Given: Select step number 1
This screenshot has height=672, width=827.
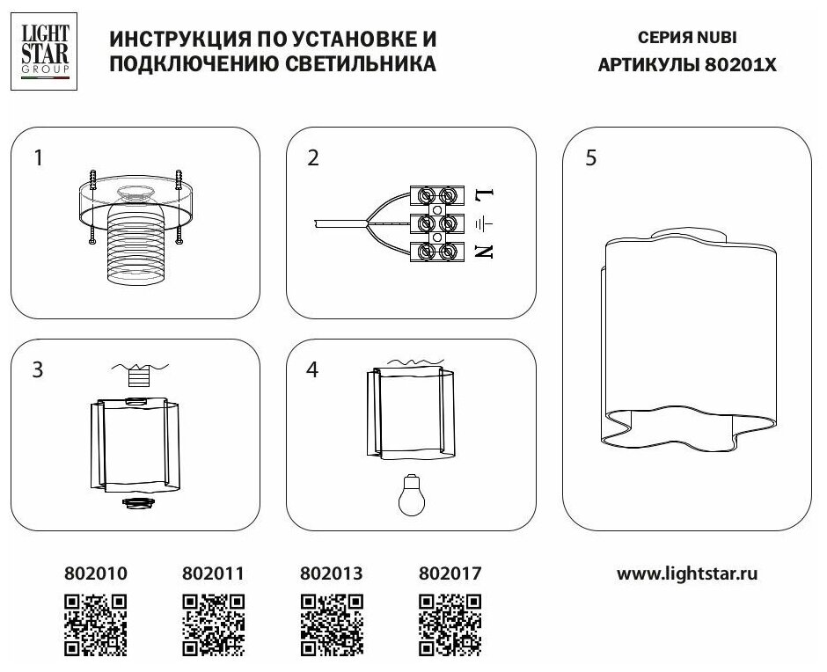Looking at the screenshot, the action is click(38, 158).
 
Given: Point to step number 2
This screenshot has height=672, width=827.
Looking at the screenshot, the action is click(313, 158).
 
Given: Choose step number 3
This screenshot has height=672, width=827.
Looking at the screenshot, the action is click(38, 369).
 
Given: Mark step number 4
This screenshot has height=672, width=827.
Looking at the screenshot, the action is click(313, 369).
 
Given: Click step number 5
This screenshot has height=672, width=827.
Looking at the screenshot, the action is click(590, 158).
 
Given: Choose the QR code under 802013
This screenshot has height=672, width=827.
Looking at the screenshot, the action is click(331, 624).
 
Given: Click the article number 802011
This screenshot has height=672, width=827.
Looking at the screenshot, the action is click(212, 573).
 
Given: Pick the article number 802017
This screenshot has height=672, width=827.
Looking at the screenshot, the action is click(450, 573).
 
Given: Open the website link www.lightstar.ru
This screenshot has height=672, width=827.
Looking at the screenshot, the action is click(687, 573).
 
